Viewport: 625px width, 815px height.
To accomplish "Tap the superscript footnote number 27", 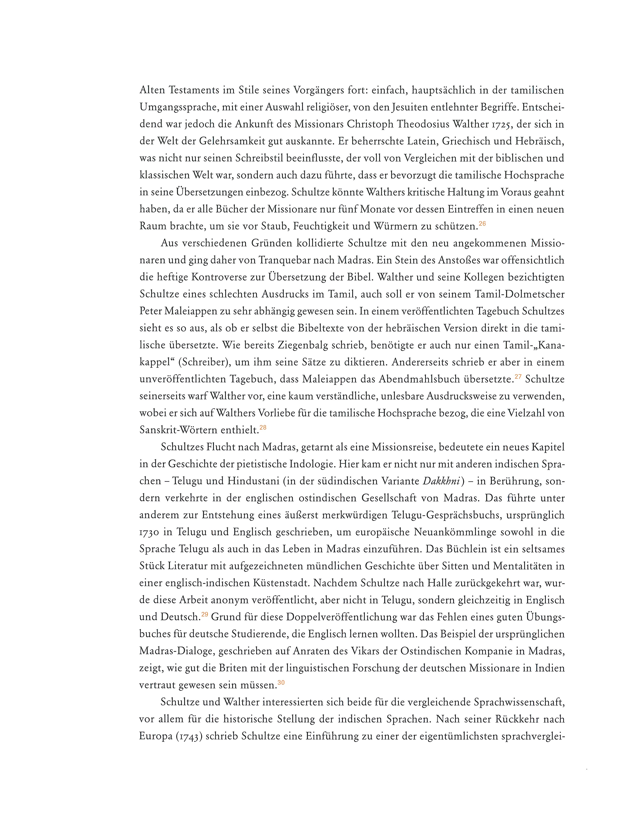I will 518,377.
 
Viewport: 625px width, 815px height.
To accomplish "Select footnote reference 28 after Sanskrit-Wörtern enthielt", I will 263,428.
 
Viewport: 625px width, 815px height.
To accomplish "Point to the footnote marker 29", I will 204,614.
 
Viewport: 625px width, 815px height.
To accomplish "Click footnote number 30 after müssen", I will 281,682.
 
